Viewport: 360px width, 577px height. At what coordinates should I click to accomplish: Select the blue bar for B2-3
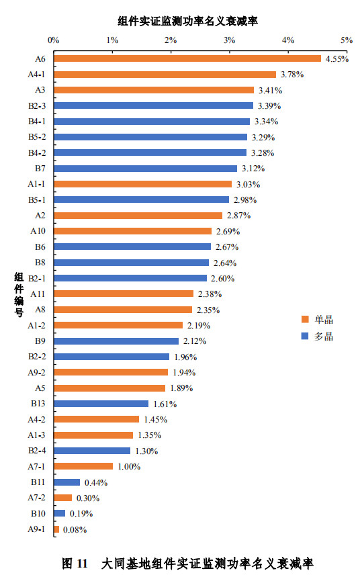(153, 105)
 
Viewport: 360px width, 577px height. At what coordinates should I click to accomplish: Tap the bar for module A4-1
(165, 74)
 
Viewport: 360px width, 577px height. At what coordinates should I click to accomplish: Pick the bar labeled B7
(145, 168)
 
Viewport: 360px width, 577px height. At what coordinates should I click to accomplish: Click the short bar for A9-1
(56, 529)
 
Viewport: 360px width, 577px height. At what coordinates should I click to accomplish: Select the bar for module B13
(101, 404)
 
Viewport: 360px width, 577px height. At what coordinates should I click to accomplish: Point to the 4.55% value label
(336, 59)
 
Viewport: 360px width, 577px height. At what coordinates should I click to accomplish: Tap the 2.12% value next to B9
(194, 341)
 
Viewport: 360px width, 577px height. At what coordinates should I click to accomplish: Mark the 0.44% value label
(95, 482)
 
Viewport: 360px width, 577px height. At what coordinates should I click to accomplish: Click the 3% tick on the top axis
(230, 41)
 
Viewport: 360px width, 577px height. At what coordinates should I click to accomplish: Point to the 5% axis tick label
(347, 41)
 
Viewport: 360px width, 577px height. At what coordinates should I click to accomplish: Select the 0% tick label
(54, 41)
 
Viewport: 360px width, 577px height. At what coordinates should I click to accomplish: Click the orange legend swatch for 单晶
(304, 319)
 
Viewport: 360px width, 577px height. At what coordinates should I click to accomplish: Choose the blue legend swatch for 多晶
(304, 336)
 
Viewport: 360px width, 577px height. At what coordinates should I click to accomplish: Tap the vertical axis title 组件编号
(19, 294)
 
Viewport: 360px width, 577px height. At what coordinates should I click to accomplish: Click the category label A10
(38, 230)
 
